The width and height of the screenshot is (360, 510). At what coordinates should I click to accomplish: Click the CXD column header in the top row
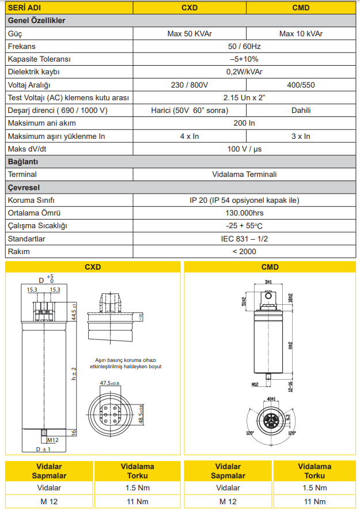190,8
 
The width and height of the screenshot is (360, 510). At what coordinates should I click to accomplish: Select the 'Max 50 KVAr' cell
190,33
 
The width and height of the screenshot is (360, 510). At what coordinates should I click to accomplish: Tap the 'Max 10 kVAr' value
301,33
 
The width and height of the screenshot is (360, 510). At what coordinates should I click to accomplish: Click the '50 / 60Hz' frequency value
244,46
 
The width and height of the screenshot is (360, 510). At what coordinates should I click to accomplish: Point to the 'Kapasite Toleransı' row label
39,59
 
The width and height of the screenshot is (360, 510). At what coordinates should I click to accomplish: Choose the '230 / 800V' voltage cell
190,85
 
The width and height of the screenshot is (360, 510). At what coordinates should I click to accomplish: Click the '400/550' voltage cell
301,85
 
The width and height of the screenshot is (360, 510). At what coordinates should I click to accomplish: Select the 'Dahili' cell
301,110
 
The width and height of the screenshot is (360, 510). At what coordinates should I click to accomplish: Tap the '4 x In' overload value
190,136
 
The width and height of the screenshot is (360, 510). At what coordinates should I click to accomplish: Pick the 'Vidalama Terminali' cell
244,174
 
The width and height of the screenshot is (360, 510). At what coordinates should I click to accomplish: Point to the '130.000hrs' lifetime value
244,213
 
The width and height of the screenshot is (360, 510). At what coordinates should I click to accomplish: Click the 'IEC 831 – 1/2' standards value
244,238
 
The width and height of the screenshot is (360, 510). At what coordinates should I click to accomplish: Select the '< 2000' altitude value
244,251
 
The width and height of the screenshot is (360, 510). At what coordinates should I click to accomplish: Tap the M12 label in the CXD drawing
53,440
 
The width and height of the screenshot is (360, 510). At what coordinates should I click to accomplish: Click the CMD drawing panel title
270,267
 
